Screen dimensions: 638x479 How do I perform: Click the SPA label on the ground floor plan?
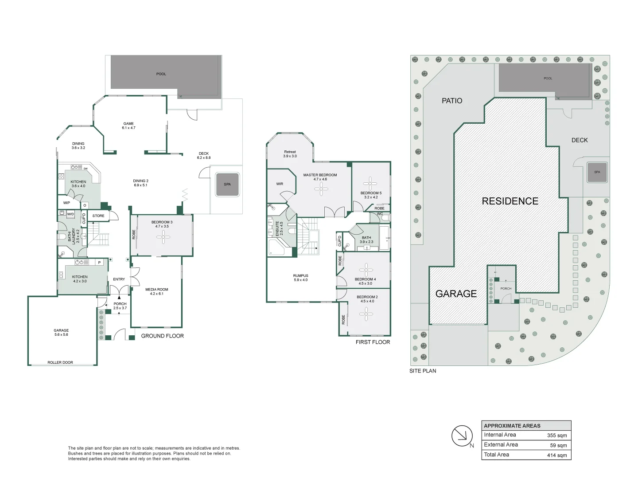pos(227,184)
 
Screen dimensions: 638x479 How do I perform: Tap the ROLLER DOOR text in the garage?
pos(60,362)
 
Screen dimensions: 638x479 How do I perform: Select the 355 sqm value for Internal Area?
pos(557,436)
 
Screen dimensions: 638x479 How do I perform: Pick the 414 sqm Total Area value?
pos(557,455)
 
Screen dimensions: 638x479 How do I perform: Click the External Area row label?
pos(501,445)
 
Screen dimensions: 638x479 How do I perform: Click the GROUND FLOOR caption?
pos(162,336)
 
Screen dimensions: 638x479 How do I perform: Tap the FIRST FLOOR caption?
pos(373,342)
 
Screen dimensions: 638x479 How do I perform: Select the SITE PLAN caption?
pos(423,371)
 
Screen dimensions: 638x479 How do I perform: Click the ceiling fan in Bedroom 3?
pos(163,237)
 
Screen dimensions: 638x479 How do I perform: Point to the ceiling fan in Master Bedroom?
pos(321,189)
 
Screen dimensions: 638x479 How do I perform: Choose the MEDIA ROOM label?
pos(157,289)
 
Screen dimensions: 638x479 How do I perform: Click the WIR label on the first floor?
pos(280,184)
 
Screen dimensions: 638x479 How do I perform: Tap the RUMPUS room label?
pos(300,276)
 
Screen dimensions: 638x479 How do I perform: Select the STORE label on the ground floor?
pos(98,216)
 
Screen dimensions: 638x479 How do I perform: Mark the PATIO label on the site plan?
pos(452,101)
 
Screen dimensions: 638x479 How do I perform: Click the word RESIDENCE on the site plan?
pos(510,201)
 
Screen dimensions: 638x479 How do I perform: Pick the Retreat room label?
pos(290,152)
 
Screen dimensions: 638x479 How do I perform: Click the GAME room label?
pos(128,124)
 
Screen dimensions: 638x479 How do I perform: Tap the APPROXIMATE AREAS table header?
pos(512,426)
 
